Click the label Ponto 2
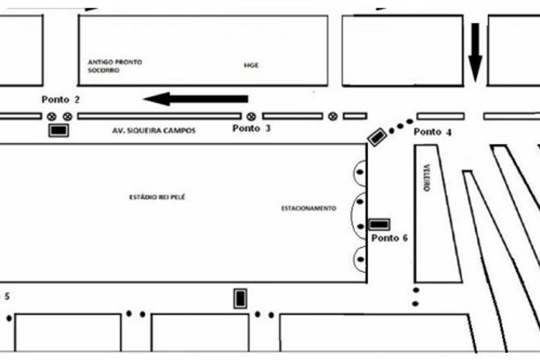(x=61, y=99)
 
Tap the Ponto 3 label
(x=252, y=128)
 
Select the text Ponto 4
(x=432, y=132)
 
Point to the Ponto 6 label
(x=389, y=238)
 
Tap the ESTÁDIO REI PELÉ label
(x=157, y=197)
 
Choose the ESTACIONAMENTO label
(x=308, y=208)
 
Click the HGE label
(x=250, y=65)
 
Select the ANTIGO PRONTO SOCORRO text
(x=115, y=65)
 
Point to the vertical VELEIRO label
(x=426, y=178)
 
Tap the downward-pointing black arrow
(x=475, y=53)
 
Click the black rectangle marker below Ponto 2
(x=58, y=131)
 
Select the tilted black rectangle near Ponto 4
(x=377, y=137)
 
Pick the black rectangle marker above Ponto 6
(x=379, y=225)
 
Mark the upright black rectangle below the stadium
(x=241, y=298)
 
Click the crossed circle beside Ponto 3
(x=251, y=116)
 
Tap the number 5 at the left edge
(x=7, y=296)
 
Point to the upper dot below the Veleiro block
(x=415, y=290)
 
